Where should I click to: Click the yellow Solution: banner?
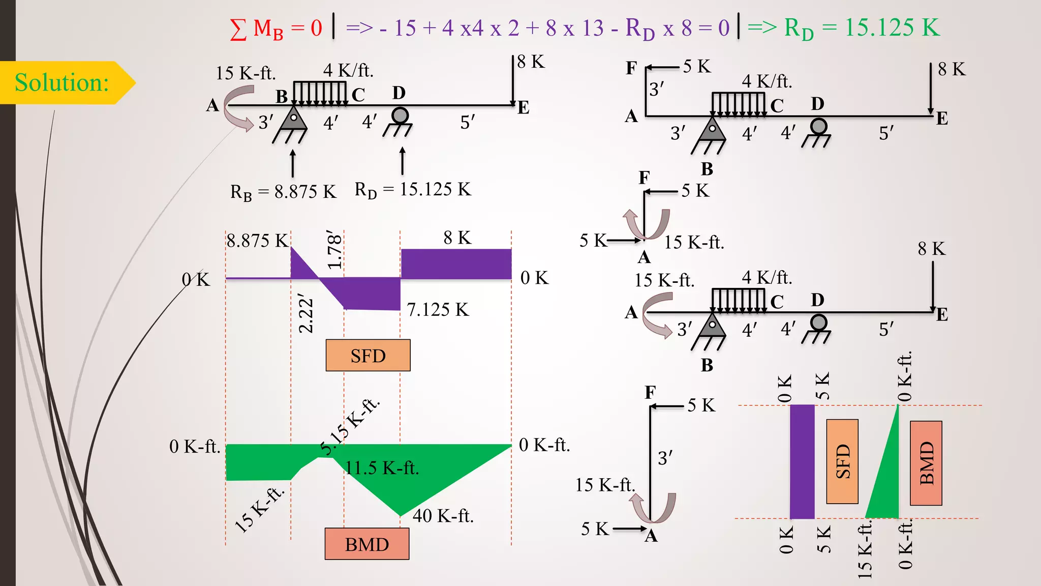62,82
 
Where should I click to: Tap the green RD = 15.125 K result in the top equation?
862,28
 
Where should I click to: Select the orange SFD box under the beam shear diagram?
368,356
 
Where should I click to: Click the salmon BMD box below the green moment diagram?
367,544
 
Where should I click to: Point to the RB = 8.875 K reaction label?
283,192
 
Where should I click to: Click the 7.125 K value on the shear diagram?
438,309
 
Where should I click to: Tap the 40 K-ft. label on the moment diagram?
443,516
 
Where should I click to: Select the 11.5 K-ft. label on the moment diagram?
382,467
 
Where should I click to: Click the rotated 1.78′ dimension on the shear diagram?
334,249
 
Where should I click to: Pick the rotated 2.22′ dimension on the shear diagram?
305,313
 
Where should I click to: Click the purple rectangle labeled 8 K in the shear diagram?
456,264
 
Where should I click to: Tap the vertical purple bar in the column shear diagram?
802,461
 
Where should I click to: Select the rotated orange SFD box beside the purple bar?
842,461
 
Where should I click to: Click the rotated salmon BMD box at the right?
926,463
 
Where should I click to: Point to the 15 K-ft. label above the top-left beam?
246,73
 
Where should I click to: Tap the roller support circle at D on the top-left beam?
400,115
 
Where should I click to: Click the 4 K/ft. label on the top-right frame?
767,81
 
